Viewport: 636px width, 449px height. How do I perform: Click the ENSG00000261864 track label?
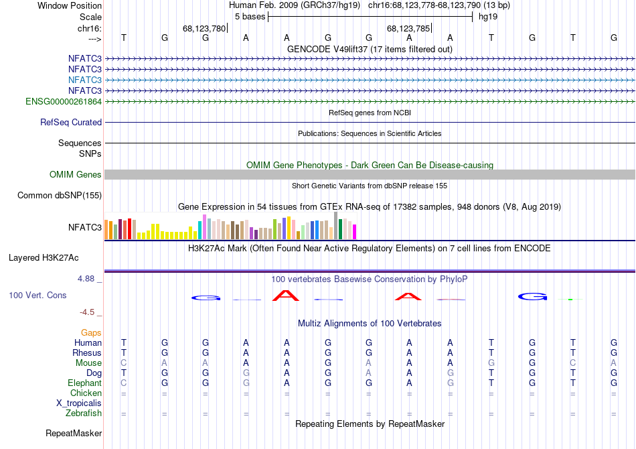pos(64,101)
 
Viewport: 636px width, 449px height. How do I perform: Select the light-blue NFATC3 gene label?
pos(84,80)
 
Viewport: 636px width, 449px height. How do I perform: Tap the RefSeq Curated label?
pos(71,123)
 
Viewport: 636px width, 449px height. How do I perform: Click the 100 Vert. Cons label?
pos(37,295)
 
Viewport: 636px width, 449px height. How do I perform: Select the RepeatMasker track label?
pos(74,434)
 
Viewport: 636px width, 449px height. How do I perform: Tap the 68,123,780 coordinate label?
pos(204,29)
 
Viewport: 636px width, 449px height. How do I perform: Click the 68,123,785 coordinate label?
pos(408,29)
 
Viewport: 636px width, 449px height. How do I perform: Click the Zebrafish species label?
pos(84,413)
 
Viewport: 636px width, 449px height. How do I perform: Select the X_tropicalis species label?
pos(79,403)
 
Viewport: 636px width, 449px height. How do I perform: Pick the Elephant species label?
pos(84,383)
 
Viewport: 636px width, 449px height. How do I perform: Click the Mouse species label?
pos(88,363)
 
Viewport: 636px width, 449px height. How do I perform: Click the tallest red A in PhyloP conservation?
pos(287,295)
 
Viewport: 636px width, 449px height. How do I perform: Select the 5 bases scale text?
pos(250,17)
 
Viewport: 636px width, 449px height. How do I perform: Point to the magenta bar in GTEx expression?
pos(355,232)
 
